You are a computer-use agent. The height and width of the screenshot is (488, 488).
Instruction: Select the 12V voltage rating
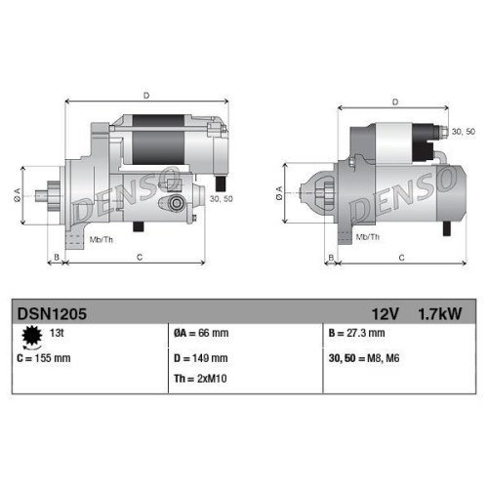[x=385, y=313]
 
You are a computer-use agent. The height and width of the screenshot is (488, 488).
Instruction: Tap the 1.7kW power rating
[x=440, y=313]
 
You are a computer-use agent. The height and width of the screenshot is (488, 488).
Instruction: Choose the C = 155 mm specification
[x=44, y=358]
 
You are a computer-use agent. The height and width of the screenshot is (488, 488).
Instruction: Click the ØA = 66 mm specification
[x=201, y=334]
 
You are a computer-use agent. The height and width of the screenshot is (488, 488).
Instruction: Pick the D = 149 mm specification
[x=200, y=358]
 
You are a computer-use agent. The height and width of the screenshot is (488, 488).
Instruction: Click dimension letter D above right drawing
[x=394, y=102]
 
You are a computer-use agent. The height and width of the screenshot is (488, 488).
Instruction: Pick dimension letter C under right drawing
[x=401, y=258]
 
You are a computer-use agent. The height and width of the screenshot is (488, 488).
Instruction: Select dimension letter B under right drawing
[x=332, y=258]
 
